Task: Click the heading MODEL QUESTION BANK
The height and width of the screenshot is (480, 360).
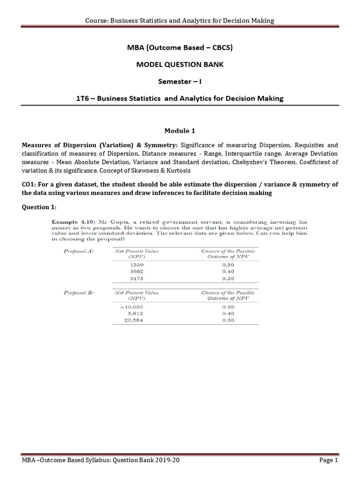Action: [x=180, y=64]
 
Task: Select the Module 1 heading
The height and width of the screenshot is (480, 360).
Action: [x=180, y=131]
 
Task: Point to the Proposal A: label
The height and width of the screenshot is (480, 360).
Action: [x=78, y=251]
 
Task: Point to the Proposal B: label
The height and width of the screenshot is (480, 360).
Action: [x=78, y=293]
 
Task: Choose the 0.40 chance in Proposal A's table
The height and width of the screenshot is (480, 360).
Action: [x=227, y=272]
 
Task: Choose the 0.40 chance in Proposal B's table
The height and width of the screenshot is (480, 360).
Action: [x=227, y=314]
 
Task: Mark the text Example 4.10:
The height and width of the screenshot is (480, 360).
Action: [x=70, y=221]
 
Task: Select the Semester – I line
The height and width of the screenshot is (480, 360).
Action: [x=180, y=81]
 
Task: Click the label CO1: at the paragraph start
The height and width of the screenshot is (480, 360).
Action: [x=30, y=185]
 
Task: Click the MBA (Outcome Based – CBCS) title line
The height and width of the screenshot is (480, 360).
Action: [x=180, y=47]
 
